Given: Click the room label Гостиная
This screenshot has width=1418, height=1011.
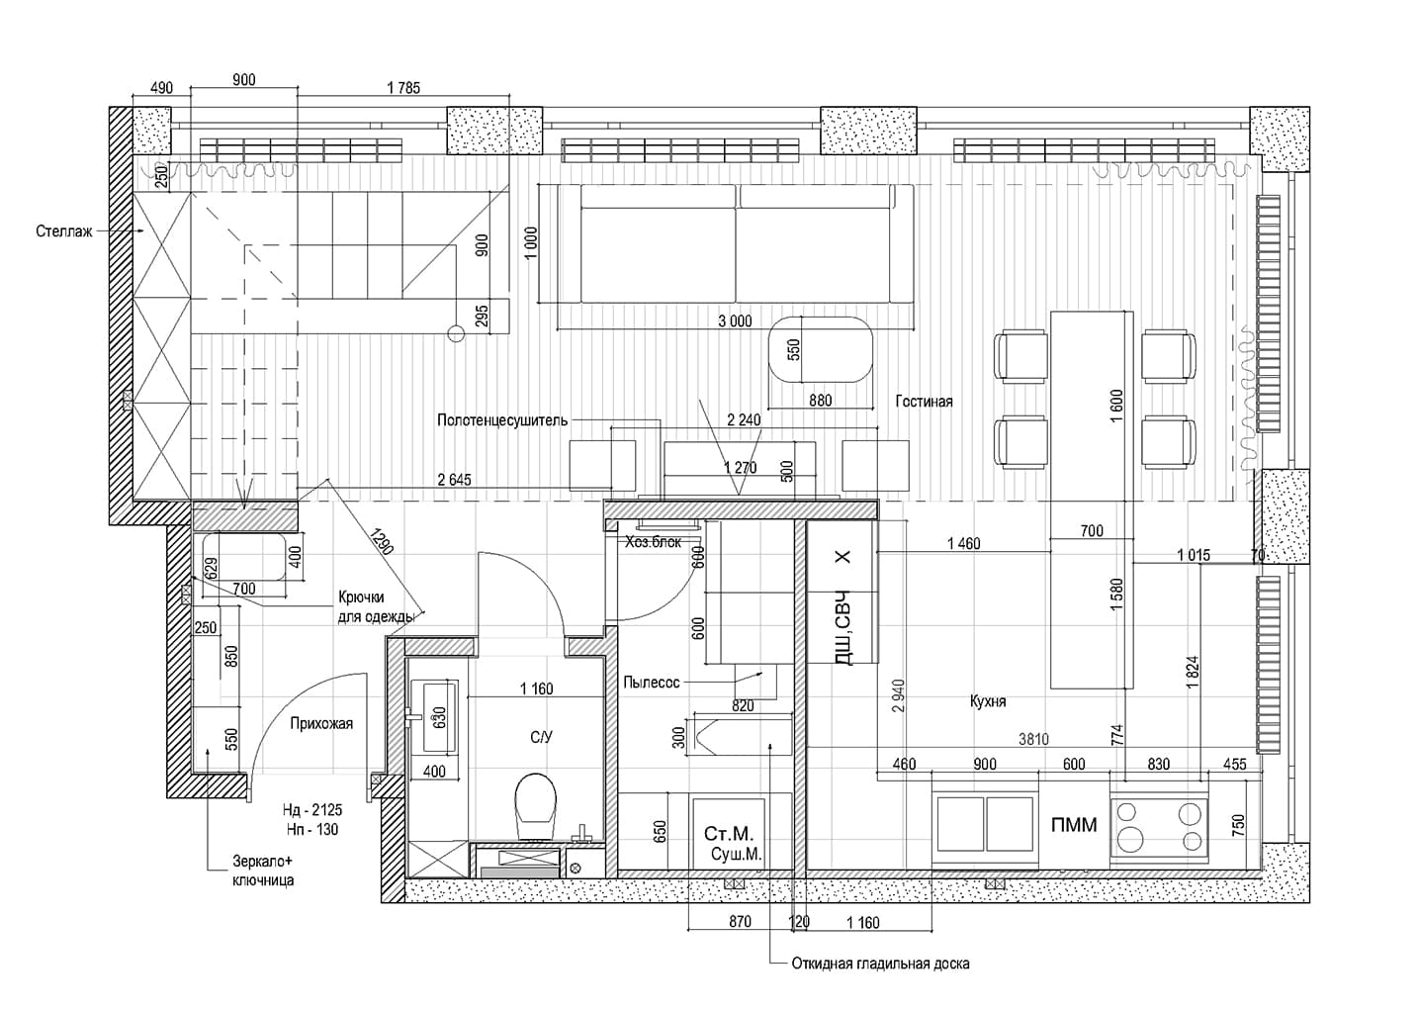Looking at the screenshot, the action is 924,402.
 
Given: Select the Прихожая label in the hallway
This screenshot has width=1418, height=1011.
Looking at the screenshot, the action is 321,723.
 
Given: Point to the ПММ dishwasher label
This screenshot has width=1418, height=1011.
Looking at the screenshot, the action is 1074,825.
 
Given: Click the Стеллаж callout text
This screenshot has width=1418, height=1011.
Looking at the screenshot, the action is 64,231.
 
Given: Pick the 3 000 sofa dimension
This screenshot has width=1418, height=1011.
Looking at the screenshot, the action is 735,322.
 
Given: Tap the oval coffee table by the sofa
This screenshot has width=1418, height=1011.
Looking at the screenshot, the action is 821,349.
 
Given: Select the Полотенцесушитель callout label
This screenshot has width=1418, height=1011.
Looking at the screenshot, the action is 502,420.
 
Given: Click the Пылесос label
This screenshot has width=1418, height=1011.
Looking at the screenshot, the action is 652,683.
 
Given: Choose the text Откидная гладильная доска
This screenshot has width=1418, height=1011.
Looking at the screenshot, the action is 880,965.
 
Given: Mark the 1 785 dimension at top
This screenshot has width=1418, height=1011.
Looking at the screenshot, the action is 403,88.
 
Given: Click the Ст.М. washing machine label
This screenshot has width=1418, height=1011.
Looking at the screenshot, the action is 729,833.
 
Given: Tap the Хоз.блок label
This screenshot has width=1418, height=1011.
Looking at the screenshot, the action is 654,542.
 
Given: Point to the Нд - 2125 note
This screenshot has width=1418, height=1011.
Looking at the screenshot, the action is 312,810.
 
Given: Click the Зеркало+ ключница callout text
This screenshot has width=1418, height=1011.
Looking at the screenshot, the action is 263,871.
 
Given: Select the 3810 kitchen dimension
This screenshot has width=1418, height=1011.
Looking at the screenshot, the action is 1033,739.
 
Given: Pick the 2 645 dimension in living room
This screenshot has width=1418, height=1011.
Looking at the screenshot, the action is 455,480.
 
